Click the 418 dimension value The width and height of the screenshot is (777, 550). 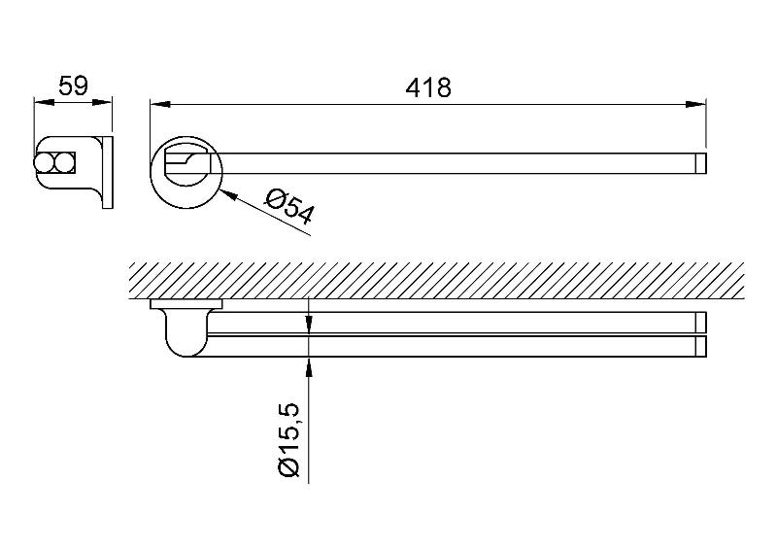pos(428,87)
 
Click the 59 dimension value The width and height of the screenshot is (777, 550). pos(73,86)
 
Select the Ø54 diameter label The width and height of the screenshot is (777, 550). pos(288,208)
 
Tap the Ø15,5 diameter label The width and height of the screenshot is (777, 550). pos(289,440)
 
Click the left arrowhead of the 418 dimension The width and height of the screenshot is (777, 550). pos(160,104)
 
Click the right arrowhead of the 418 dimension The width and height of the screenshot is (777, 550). pos(695,104)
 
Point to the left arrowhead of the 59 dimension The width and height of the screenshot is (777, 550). pos(44,103)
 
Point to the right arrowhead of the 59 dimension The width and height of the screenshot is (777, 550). pos(103,103)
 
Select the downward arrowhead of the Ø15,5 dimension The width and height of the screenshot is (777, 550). pos(309,325)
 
